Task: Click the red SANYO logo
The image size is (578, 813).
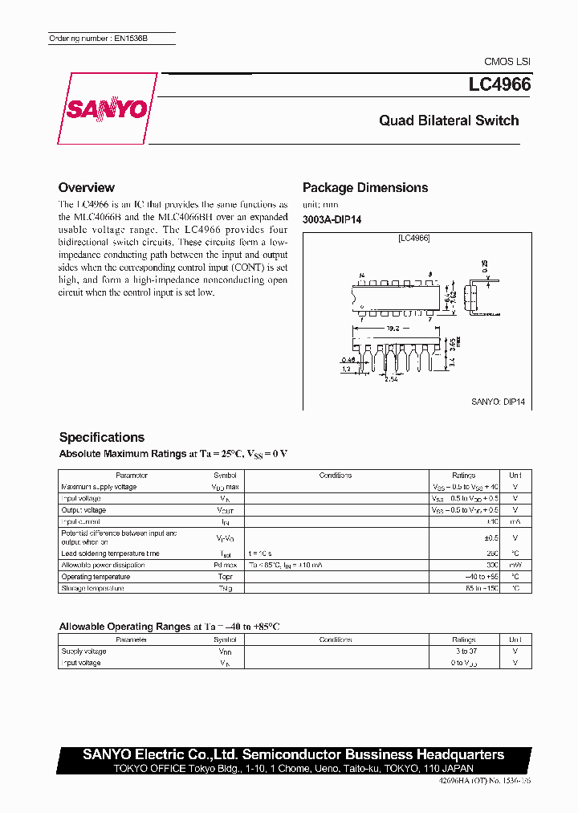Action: coord(106,109)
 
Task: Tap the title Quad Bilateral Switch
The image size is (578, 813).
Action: coord(449,121)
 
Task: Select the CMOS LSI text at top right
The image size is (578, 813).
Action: coord(507,61)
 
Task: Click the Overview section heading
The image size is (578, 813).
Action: coord(87,187)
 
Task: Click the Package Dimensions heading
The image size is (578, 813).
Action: coord(365,187)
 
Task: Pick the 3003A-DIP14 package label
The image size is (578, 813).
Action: coord(332,220)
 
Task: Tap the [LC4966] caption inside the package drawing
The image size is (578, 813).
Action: coord(413,238)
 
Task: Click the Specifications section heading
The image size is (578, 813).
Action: coord(102,437)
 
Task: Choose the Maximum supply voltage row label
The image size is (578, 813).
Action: coord(99,487)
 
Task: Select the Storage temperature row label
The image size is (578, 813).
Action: coord(92,588)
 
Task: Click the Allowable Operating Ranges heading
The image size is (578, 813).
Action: coord(124,626)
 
